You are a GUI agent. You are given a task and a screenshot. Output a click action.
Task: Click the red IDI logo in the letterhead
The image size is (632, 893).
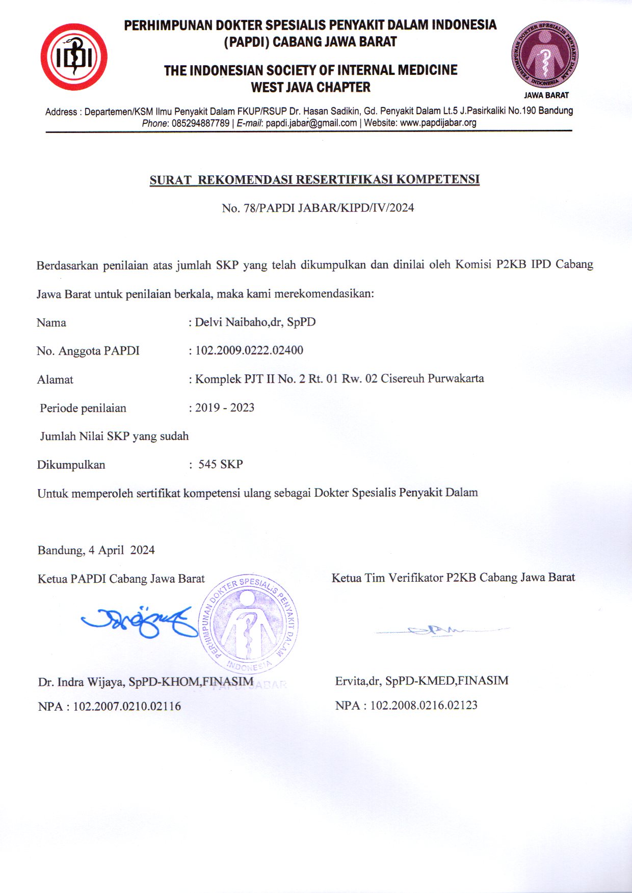74,57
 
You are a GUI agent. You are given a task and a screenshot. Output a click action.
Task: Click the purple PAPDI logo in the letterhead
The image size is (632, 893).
545,55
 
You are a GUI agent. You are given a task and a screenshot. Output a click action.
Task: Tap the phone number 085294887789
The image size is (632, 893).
201,123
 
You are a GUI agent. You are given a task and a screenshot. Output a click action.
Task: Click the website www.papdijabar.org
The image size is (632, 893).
438,123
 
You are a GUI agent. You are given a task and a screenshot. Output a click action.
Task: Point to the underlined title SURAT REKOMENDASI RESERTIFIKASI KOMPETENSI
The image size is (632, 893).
314,180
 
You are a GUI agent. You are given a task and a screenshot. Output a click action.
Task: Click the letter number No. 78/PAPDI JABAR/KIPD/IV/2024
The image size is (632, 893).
318,208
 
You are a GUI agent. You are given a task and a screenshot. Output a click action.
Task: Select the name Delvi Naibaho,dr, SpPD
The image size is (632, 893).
255,322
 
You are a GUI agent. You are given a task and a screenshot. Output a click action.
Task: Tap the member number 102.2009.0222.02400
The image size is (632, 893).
249,350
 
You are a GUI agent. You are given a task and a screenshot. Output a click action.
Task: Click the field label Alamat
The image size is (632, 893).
55,380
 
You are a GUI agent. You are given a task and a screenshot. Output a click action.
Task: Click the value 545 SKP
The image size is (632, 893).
221,464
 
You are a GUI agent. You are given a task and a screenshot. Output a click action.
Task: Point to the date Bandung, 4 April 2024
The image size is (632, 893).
96,550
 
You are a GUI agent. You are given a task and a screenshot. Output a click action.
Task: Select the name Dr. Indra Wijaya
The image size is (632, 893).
82,682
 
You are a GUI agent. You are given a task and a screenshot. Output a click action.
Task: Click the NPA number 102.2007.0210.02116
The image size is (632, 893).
127,707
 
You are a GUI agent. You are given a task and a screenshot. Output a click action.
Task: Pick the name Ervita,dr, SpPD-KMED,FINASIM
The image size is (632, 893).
422,681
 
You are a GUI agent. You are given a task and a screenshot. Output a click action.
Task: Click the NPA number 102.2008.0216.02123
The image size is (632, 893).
424,706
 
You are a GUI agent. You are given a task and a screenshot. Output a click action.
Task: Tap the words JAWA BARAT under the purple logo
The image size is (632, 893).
546,95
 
